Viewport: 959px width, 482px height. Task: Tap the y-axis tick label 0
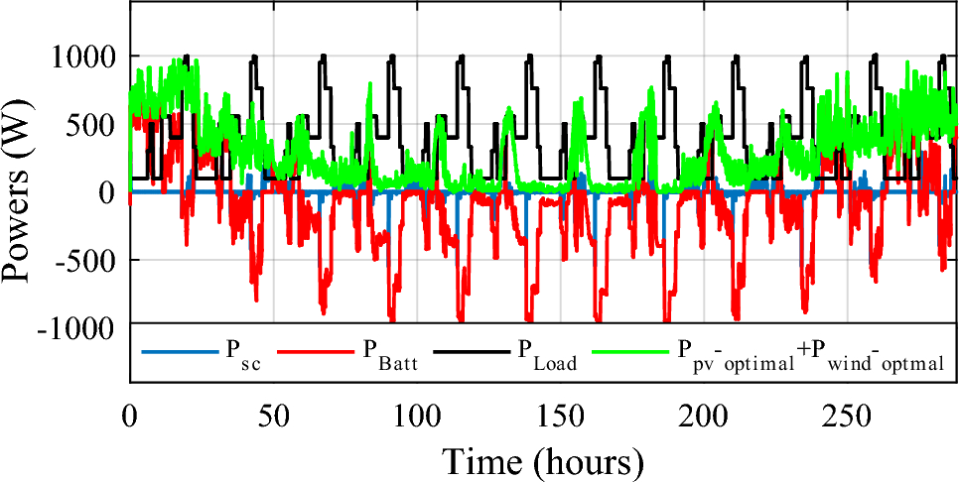pos(107,192)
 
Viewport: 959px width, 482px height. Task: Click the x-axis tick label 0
pos(130,413)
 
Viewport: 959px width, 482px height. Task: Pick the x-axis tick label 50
pos(273,413)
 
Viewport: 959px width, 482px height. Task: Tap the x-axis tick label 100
pos(417,413)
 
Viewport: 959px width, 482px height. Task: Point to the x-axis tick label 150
pos(561,413)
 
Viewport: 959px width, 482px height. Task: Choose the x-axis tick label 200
pos(704,413)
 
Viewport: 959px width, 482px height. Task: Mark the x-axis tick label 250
pos(848,413)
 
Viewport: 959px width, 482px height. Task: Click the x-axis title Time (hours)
pos(543,460)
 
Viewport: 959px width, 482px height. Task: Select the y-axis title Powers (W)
pos(24,192)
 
